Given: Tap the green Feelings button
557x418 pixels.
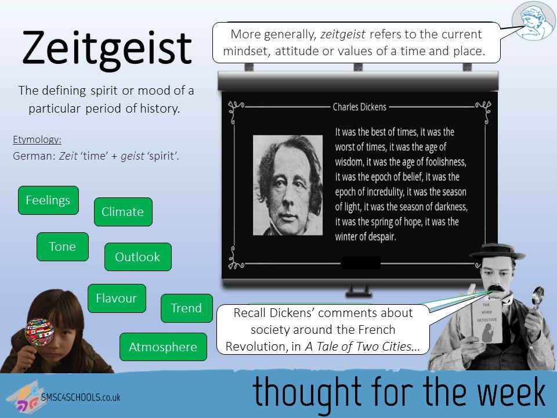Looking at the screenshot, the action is (x=48, y=200).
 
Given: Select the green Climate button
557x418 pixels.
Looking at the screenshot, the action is (x=123, y=212).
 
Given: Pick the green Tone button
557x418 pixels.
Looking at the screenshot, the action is (x=63, y=247).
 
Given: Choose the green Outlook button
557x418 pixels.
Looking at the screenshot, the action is (x=138, y=257).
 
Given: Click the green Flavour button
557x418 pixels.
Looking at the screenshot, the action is (x=117, y=298).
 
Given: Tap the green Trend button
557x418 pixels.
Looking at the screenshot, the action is (x=186, y=308).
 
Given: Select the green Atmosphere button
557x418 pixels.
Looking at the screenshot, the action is (x=163, y=347).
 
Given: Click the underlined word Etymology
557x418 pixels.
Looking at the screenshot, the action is (x=37, y=139).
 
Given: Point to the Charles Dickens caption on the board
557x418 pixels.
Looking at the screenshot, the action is (x=360, y=107).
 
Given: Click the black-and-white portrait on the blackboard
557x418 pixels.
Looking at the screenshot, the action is (x=288, y=185).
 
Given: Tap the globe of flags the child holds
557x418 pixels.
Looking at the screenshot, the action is (x=39, y=332).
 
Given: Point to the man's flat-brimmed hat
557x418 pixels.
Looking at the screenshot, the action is (x=497, y=251).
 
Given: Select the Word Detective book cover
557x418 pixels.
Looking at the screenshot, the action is (x=487, y=322).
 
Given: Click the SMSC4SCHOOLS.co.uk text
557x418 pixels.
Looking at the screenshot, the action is (x=81, y=397).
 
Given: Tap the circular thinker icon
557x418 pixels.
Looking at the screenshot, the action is (x=533, y=21).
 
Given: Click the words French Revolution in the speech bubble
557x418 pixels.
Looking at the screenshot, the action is (x=323, y=338).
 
